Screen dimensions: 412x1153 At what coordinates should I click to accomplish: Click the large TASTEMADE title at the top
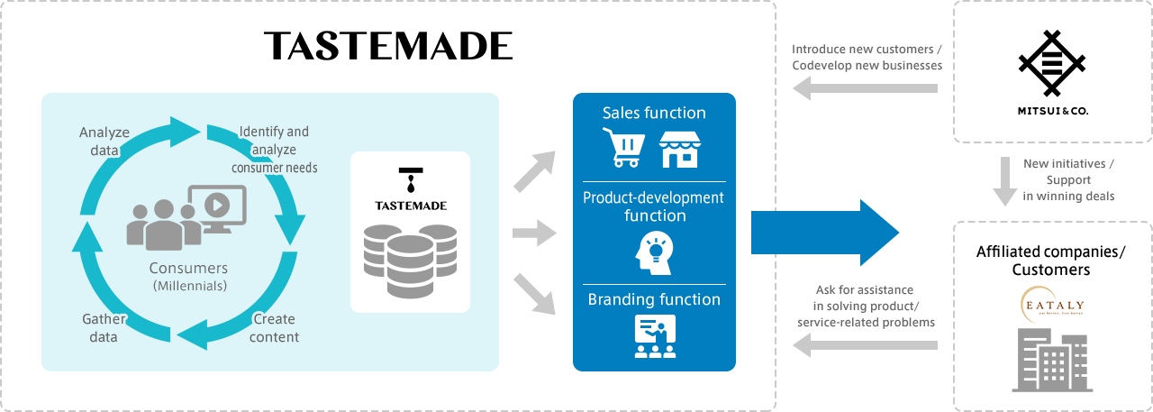(388, 46)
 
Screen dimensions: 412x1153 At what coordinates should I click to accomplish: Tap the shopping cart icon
(623, 147)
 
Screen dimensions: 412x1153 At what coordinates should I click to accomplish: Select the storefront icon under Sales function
(679, 149)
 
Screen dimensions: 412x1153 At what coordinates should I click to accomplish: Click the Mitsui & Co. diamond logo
(1052, 63)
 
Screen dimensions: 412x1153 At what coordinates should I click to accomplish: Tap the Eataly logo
(1051, 306)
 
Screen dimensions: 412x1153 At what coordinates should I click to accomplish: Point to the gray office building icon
(1052, 361)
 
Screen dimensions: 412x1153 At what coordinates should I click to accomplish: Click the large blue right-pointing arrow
(824, 233)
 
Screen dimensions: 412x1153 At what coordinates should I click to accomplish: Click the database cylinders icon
(410, 261)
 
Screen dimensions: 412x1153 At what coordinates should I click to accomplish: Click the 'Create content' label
(274, 328)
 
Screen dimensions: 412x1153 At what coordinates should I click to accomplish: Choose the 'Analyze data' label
(104, 142)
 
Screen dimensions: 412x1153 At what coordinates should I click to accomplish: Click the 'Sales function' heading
(654, 113)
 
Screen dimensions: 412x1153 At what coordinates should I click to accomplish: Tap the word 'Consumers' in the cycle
(189, 269)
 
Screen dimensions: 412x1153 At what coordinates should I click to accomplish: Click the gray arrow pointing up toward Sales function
(535, 172)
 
